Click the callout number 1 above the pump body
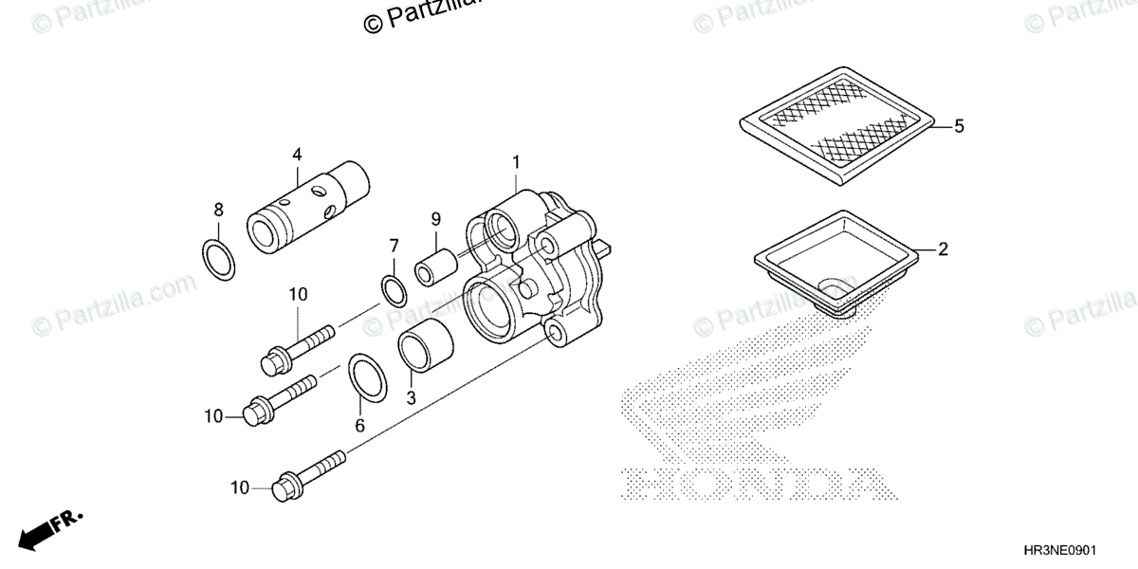(516, 163)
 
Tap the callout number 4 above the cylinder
(297, 154)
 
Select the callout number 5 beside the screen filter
(959, 126)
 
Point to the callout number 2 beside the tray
(943, 250)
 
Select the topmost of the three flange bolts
(297, 346)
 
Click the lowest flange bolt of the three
(309, 475)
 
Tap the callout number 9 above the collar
(436, 219)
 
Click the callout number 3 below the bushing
(411, 399)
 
